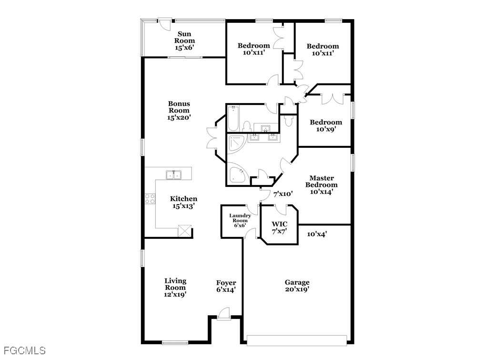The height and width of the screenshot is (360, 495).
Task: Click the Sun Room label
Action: click(185, 41)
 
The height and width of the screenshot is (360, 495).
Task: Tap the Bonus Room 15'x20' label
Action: click(179, 110)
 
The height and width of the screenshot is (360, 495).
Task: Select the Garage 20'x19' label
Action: click(297, 286)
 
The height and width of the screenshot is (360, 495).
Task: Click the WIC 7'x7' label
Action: click(279, 227)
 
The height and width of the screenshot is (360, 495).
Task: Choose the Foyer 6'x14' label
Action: click(226, 286)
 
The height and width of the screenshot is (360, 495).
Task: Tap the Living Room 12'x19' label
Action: click(175, 288)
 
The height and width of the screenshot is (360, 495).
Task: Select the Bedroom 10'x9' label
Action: click(326, 125)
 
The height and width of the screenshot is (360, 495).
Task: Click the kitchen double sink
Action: click(173, 175)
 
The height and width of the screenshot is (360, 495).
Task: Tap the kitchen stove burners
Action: click(150, 198)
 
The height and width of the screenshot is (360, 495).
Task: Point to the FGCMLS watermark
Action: click(25, 350)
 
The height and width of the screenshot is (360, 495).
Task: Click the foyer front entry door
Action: click(224, 314)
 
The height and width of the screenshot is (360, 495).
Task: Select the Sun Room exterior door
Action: click(165, 24)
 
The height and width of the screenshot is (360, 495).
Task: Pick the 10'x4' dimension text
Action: click(317, 234)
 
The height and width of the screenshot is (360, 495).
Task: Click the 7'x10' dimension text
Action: click(283, 194)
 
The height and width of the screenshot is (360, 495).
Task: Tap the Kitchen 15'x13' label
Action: click(183, 202)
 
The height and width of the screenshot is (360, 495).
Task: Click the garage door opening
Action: click(297, 341)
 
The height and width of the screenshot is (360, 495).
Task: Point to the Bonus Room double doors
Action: click(212, 138)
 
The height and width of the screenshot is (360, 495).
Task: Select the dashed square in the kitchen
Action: click(185, 230)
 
